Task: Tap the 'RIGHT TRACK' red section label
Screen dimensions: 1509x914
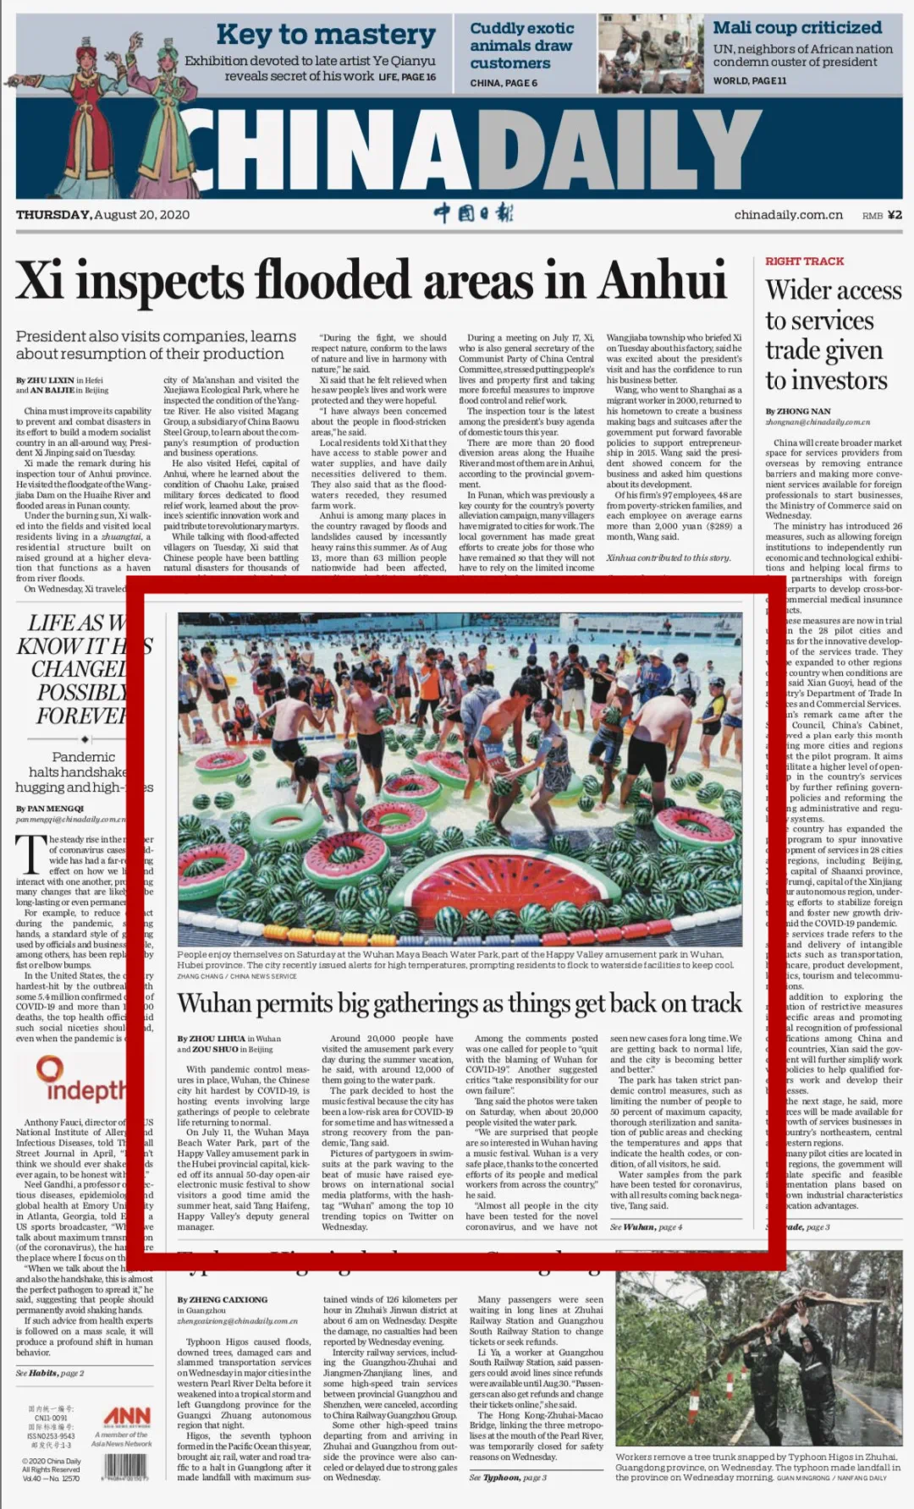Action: [804, 261]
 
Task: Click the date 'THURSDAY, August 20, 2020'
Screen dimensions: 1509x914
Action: [102, 215]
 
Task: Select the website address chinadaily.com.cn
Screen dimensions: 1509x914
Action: [788, 215]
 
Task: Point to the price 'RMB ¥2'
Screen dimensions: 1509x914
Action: [882, 216]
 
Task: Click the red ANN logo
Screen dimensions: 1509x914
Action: [127, 1417]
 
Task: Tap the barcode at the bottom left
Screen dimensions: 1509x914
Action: [125, 1466]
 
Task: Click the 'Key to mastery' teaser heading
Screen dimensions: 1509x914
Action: [326, 35]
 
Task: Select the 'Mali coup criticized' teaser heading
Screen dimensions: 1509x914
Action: [797, 28]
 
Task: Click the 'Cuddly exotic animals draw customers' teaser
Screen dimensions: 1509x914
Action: [521, 46]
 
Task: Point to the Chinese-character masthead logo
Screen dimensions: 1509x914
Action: [473, 213]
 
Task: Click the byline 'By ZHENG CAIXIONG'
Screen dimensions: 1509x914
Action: [222, 1299]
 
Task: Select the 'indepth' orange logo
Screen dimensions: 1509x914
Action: [80, 1081]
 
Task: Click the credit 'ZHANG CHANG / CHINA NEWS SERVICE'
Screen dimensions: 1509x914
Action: [237, 976]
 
